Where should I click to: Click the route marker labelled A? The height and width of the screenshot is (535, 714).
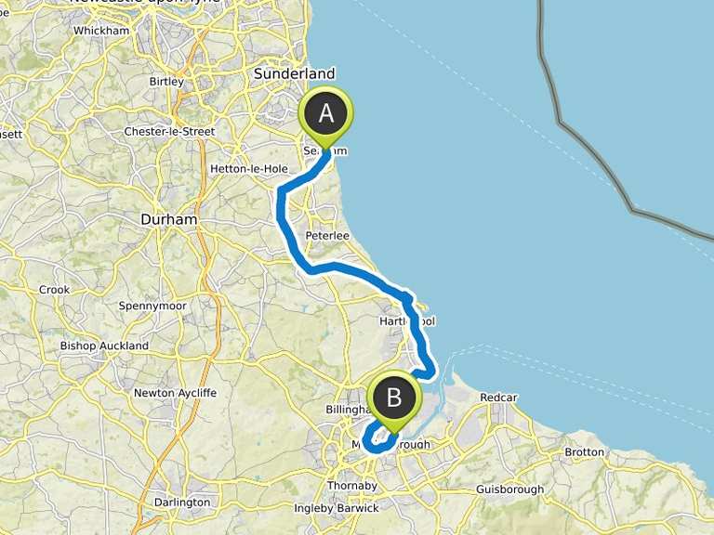pyautogui.click(x=326, y=114)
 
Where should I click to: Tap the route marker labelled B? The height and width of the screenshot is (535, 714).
pyautogui.click(x=393, y=398)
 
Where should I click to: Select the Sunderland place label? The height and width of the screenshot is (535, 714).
pyautogui.click(x=295, y=73)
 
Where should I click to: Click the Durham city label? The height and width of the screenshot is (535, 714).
pyautogui.click(x=168, y=219)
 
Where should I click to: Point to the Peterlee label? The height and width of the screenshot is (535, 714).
pyautogui.click(x=326, y=236)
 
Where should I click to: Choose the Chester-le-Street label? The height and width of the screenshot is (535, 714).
pyautogui.click(x=169, y=132)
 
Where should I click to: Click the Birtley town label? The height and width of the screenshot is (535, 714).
pyautogui.click(x=166, y=82)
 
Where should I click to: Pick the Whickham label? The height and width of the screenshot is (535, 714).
pyautogui.click(x=100, y=31)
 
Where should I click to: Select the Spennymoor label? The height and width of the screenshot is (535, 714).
pyautogui.click(x=152, y=306)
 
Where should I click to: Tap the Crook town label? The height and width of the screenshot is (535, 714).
pyautogui.click(x=54, y=290)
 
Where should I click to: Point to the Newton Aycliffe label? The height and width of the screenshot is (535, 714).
pyautogui.click(x=175, y=393)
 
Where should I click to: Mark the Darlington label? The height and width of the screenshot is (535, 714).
pyautogui.click(x=181, y=502)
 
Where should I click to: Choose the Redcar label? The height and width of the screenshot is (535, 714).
pyautogui.click(x=498, y=398)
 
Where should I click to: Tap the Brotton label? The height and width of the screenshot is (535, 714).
pyautogui.click(x=584, y=452)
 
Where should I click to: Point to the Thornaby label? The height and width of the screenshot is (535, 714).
pyautogui.click(x=351, y=485)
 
